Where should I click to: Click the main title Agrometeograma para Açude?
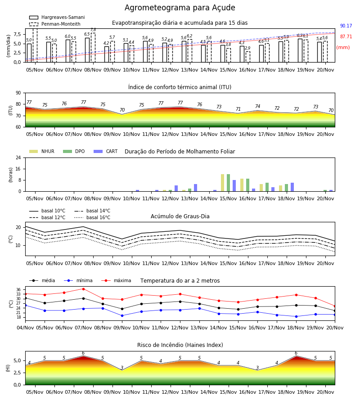[180, 8]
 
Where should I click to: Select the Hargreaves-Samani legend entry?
[57, 17]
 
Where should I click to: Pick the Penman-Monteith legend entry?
[55, 24]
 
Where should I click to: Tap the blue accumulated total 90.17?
[346, 26]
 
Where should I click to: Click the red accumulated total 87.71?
[346, 37]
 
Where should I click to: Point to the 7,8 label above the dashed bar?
[93, 30]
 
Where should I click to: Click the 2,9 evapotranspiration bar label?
[247, 48]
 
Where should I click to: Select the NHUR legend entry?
[42, 151]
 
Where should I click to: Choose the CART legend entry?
[106, 151]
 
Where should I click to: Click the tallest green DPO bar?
[228, 183]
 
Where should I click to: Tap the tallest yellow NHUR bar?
[223, 183]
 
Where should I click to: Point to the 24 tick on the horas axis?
[18, 158]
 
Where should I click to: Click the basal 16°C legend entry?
[92, 217]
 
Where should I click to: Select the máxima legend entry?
[116, 280]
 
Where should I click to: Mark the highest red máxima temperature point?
[83, 289]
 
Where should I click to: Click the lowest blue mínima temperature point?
[296, 316]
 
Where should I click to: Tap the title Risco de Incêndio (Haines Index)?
[180, 345]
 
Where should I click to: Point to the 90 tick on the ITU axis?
[18, 93]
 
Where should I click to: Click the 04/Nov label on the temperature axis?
[25, 328]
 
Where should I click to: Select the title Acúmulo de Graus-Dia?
[180, 216]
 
